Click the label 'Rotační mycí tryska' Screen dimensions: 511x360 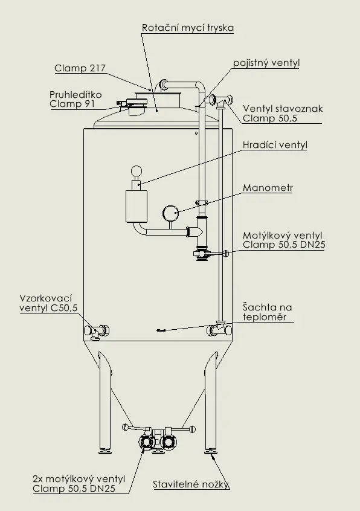[x=187, y=28]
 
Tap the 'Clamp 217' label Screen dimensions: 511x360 [x=79, y=68]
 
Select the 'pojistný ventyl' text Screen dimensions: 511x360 [x=266, y=63]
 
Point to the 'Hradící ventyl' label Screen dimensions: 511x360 [x=274, y=145]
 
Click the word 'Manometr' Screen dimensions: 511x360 [x=268, y=188]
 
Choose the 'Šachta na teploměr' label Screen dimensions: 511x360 [x=267, y=312]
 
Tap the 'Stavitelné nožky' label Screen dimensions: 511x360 [x=191, y=484]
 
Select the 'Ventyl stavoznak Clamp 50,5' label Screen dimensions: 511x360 [x=283, y=114]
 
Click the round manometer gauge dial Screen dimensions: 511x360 [x=171, y=213]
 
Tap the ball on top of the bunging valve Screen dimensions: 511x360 [x=138, y=171]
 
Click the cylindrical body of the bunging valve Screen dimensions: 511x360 [x=137, y=206]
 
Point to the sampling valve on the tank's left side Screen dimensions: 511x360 [x=97, y=330]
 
